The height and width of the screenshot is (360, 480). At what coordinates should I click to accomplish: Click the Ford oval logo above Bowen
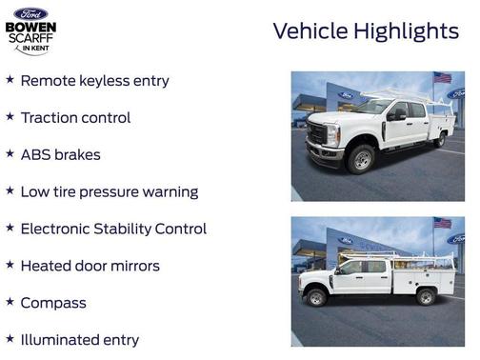[30, 13]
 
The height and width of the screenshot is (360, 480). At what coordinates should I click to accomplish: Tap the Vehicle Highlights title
[366, 31]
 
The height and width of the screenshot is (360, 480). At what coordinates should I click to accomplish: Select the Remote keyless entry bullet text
[94, 81]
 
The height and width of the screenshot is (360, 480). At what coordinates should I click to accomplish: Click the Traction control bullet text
[75, 118]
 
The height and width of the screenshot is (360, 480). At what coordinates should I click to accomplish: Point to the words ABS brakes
[60, 154]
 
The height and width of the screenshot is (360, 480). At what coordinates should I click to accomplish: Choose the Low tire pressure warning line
[109, 191]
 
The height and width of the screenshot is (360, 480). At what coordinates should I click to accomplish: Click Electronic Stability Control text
[112, 229]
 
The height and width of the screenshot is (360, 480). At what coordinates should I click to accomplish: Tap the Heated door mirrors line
[90, 266]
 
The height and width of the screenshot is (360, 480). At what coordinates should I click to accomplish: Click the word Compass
[53, 303]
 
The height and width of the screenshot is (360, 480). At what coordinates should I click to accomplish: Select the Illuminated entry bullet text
[79, 340]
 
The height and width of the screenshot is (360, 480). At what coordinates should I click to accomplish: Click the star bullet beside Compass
[10, 302]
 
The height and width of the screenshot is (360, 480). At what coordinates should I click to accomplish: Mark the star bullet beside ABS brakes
[10, 153]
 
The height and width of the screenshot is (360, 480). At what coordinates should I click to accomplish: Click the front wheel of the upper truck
[361, 159]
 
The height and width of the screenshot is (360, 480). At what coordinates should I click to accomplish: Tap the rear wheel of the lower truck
[426, 296]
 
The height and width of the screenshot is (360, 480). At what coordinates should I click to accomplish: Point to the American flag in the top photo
[442, 77]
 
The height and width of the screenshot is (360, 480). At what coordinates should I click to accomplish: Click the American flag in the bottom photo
[442, 223]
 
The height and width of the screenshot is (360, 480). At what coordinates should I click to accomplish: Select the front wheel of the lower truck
[317, 297]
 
